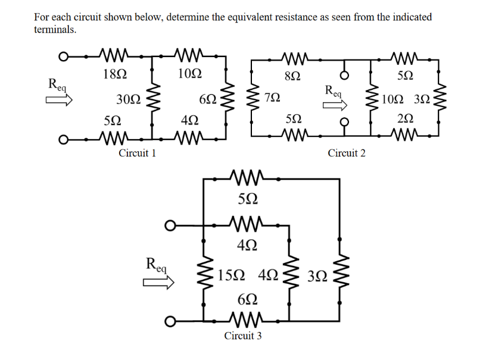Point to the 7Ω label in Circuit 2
pyautogui.click(x=273, y=96)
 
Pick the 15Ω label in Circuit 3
pyautogui.click(x=230, y=276)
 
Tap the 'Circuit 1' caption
pyautogui.click(x=137, y=153)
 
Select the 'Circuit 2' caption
pyautogui.click(x=346, y=153)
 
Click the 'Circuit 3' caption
pyautogui.click(x=242, y=336)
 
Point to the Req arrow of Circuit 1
pyautogui.click(x=60, y=102)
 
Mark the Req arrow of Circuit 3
pyautogui.click(x=157, y=283)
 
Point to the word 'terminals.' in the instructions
pyautogui.click(x=55, y=29)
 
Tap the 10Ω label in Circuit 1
pyautogui.click(x=189, y=74)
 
